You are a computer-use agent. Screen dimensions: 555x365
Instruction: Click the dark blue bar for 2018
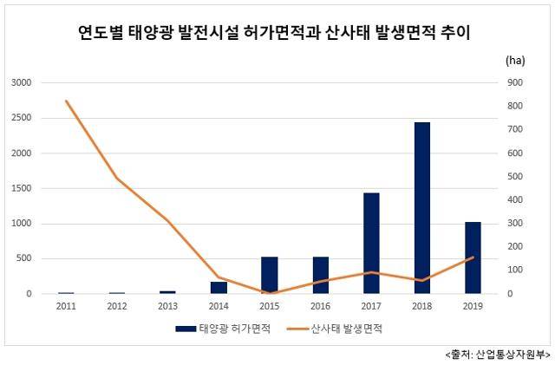tap(422, 208)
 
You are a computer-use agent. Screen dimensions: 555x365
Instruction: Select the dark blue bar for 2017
tap(371, 244)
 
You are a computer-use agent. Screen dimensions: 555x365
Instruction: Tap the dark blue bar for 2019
tap(473, 257)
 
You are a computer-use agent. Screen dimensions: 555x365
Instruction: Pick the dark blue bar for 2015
tap(270, 275)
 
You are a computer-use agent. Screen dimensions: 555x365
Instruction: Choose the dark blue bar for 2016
tap(321, 275)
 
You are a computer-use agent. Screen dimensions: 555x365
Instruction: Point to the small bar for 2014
tap(219, 288)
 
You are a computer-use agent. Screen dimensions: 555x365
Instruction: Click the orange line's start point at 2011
tap(66, 101)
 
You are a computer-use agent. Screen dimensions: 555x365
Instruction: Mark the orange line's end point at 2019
tap(473, 257)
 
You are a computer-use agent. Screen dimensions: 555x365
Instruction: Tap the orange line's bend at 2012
tap(117, 178)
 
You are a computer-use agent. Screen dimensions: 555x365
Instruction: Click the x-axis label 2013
tap(167, 306)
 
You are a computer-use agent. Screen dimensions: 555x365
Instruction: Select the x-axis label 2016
tap(320, 306)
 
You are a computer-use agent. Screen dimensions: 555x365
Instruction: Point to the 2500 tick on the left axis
tap(21, 118)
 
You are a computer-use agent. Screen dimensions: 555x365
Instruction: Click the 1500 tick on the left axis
tap(21, 188)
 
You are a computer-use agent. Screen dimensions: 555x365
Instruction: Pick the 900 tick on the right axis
tap(515, 82)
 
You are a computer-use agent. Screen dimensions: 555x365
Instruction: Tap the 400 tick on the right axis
tap(515, 199)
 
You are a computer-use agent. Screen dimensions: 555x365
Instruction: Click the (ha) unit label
tap(515, 61)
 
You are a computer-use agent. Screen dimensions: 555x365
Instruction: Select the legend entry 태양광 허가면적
tap(224, 329)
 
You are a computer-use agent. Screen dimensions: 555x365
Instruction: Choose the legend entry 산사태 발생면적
tap(335, 329)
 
